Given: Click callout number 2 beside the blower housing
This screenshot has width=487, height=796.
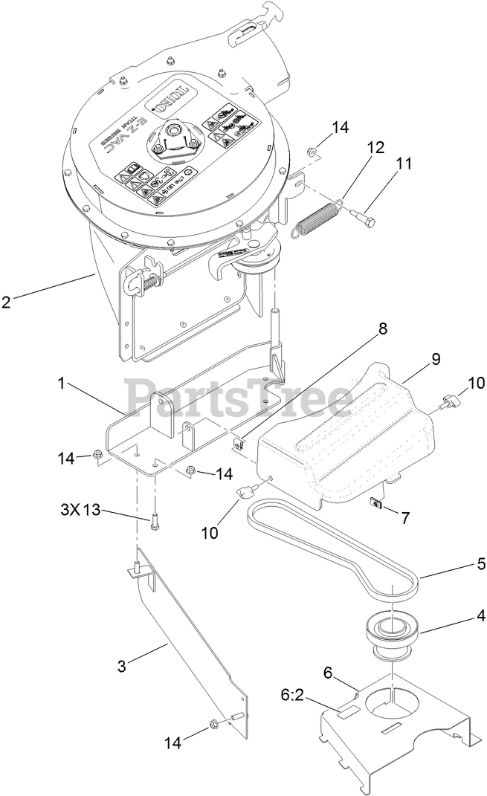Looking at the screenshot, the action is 7,301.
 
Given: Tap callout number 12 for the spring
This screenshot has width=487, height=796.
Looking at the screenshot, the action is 375,147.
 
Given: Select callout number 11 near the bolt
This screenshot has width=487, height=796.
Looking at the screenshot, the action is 404,165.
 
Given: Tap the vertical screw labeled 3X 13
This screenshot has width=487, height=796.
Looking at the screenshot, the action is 155,521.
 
